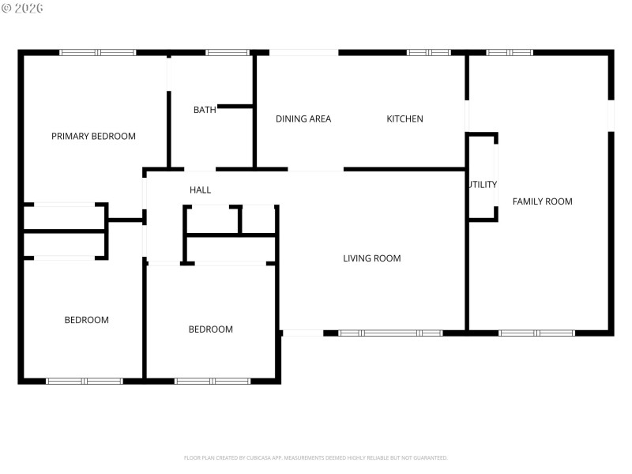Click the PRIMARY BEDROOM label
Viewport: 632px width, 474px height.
[93, 136]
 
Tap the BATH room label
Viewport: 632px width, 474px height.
[205, 110]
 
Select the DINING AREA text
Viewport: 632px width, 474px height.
[303, 118]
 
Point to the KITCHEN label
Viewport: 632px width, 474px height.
[404, 118]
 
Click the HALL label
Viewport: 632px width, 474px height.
[200, 190]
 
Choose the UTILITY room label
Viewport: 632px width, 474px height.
[482, 185]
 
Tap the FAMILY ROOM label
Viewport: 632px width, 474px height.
[542, 201]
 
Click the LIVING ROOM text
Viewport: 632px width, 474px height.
[371, 258]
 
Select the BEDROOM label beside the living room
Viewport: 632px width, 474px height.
[210, 329]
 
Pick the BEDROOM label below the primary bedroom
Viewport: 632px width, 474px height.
[86, 320]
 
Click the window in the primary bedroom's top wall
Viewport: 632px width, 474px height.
[98, 53]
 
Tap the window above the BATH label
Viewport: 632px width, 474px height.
[228, 53]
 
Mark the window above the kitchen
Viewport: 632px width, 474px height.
[428, 53]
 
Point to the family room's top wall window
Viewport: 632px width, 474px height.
[509, 53]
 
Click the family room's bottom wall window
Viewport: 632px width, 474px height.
[536, 333]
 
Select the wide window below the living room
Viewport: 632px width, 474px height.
[390, 333]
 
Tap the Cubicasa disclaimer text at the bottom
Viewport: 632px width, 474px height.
[315, 457]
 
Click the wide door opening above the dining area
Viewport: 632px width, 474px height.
[303, 53]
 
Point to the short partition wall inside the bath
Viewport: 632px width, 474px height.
[235, 106]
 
